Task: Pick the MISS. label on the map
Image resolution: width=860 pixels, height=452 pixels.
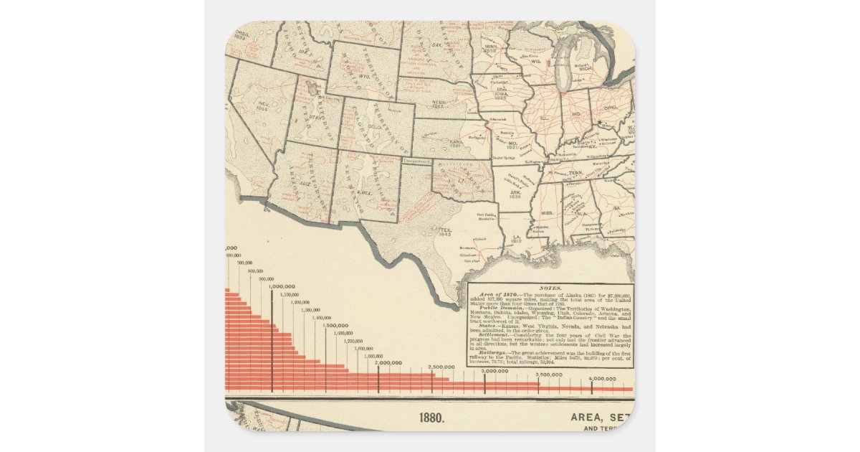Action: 547,213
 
